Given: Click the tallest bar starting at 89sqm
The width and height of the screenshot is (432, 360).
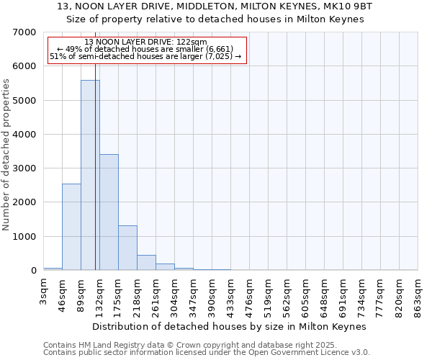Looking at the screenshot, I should click(x=90, y=175).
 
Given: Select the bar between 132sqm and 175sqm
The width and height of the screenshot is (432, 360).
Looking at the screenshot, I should click(x=109, y=212).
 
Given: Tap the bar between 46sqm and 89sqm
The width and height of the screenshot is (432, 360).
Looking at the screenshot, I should click(x=71, y=227).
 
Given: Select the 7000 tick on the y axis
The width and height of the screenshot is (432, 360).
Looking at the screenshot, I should click(x=24, y=32).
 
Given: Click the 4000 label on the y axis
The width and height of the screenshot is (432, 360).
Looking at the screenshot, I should click(x=24, y=135).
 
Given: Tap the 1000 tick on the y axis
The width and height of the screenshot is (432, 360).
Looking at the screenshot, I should click(x=24, y=237).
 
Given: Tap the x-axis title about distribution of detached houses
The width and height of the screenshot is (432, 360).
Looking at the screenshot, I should click(x=230, y=326).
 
